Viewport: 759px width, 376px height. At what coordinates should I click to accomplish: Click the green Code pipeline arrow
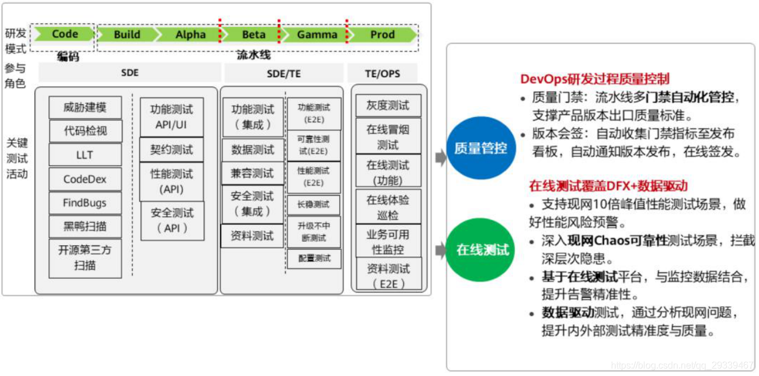pos(63,34)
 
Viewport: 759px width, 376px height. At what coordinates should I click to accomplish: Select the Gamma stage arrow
pos(316,35)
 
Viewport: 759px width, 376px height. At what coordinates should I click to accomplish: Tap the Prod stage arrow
pos(382,35)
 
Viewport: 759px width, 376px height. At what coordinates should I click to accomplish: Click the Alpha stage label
pos(191,35)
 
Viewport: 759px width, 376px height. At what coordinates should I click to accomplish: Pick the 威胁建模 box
pos(85,108)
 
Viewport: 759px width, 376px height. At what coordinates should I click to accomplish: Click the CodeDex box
pos(85,179)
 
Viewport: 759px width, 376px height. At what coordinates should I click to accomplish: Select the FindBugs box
pos(85,203)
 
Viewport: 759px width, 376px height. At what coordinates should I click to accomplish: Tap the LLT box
pos(85,155)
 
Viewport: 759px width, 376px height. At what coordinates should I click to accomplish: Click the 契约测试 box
pos(171,150)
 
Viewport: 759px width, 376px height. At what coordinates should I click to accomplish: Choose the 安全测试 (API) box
pos(172,220)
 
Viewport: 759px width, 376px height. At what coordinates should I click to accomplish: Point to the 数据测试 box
pos(252,150)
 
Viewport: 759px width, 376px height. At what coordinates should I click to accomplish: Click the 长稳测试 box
pos(314,204)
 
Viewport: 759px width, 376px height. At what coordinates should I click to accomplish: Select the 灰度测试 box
pos(388,105)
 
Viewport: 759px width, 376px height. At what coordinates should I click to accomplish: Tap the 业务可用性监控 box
pos(388,242)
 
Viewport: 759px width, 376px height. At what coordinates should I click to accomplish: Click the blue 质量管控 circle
pos(480,148)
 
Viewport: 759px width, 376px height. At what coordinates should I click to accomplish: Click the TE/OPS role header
pos(383,73)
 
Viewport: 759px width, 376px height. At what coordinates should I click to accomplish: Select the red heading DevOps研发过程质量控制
pos(595,79)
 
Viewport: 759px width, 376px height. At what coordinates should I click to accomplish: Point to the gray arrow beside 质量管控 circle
pos(441,157)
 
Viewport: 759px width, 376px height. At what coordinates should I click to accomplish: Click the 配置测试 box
pos(314,258)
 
